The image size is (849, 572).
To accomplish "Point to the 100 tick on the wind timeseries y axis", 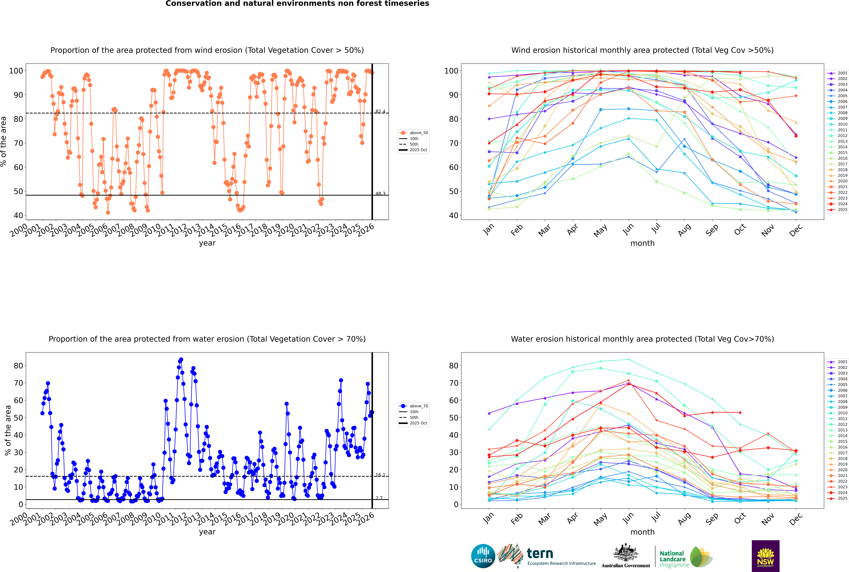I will click(x=16, y=71).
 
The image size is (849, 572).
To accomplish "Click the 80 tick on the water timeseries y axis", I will click(x=18, y=365).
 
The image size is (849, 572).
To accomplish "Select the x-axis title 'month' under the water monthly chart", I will click(x=642, y=532).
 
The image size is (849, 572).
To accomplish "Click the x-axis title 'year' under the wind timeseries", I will click(x=207, y=243).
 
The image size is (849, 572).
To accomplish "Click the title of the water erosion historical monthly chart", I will click(x=642, y=339).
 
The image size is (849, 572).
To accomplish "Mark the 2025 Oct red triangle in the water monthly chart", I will click(x=740, y=412).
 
